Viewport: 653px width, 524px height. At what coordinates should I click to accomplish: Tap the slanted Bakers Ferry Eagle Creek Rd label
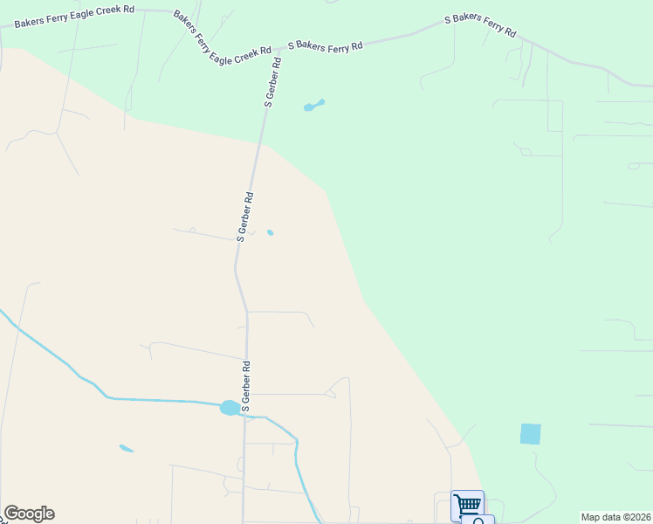[x=223, y=35]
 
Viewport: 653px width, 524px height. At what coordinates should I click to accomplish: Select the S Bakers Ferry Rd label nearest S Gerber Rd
[x=325, y=45]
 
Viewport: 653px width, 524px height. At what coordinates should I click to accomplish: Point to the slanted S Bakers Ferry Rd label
[x=480, y=25]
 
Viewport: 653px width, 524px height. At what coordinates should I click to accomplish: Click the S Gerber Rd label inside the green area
[x=273, y=82]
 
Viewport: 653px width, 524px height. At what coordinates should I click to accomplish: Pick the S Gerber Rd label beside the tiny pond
[x=245, y=216]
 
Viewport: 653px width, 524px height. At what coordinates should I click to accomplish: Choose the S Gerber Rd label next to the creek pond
[x=246, y=386]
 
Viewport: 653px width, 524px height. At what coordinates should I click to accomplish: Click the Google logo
[x=29, y=514]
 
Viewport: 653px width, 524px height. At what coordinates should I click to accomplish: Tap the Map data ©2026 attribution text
[x=615, y=517]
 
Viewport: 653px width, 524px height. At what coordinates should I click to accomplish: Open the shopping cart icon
[x=468, y=504]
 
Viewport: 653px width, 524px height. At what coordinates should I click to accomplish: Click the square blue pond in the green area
[x=530, y=433]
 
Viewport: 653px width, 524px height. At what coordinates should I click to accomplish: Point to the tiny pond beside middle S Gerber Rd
[x=271, y=232]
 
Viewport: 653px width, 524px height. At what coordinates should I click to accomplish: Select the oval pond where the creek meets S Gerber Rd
[x=230, y=407]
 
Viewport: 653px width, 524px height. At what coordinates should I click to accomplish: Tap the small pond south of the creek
[x=127, y=449]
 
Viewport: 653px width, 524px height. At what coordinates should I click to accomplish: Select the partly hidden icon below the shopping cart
[x=479, y=521]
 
